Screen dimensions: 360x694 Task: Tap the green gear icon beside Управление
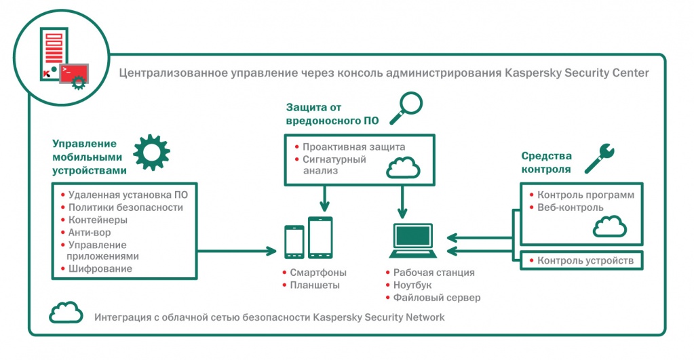[151, 152]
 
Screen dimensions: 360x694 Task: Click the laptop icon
[412, 241]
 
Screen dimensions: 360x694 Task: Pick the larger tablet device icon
[320, 237]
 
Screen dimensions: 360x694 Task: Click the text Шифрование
[100, 269]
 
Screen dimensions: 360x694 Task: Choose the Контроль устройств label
[585, 260]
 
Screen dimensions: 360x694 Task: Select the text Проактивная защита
[354, 147]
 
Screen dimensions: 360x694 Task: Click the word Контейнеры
[98, 220]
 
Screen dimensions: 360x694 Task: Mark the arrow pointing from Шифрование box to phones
[237, 252]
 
